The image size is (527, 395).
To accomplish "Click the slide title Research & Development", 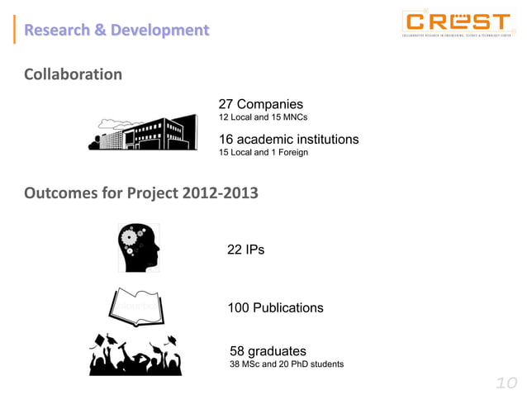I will point(116,31).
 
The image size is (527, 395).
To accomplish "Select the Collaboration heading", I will point(74,74).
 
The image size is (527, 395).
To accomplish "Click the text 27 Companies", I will point(260,104).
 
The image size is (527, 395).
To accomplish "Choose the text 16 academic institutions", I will point(288,139).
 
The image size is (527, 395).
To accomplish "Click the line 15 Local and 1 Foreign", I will point(263,152).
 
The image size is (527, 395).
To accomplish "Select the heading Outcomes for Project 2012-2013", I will point(141,195).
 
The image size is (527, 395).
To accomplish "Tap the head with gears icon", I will point(138,247).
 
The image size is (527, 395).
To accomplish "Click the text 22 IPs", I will point(245,250).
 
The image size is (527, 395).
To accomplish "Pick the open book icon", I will point(137,308).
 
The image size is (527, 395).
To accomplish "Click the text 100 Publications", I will point(275,307).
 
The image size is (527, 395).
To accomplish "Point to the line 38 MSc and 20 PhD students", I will point(287,364).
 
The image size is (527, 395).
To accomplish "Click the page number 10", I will point(505,383).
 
